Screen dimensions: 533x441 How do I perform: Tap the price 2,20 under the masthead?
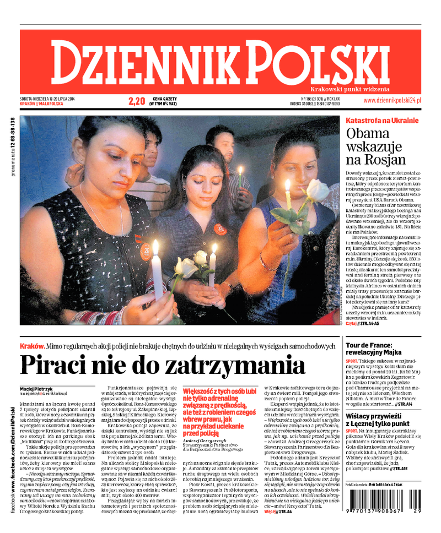click(136, 101)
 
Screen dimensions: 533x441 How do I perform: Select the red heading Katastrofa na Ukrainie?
click(382, 121)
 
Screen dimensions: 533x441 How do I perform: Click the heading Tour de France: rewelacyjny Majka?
click(377, 349)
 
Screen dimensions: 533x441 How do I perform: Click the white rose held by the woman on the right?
click(318, 191)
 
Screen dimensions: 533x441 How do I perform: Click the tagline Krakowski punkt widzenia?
click(349, 89)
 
